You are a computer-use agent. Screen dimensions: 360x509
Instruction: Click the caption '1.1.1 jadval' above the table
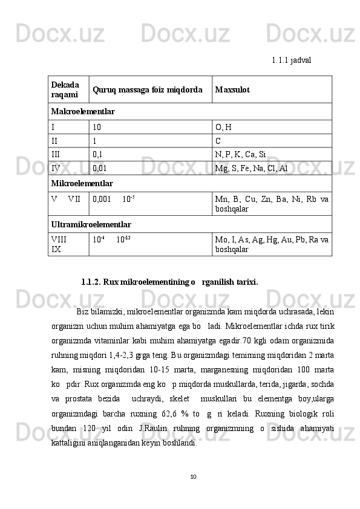coord(292,60)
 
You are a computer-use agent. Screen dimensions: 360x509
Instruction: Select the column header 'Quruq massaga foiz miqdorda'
coord(147,90)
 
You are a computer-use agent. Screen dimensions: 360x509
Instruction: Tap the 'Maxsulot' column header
coord(232,90)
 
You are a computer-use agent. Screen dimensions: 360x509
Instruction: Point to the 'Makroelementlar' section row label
coord(83,112)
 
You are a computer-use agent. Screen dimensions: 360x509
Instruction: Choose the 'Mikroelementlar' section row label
coord(82,183)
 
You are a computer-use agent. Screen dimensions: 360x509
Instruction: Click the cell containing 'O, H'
coord(221,128)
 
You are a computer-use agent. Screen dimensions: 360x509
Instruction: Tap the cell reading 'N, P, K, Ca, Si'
coord(240,154)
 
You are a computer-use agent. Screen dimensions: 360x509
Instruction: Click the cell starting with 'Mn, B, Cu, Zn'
coord(272,203)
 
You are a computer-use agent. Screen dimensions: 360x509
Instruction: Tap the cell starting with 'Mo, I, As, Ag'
coord(272,244)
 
